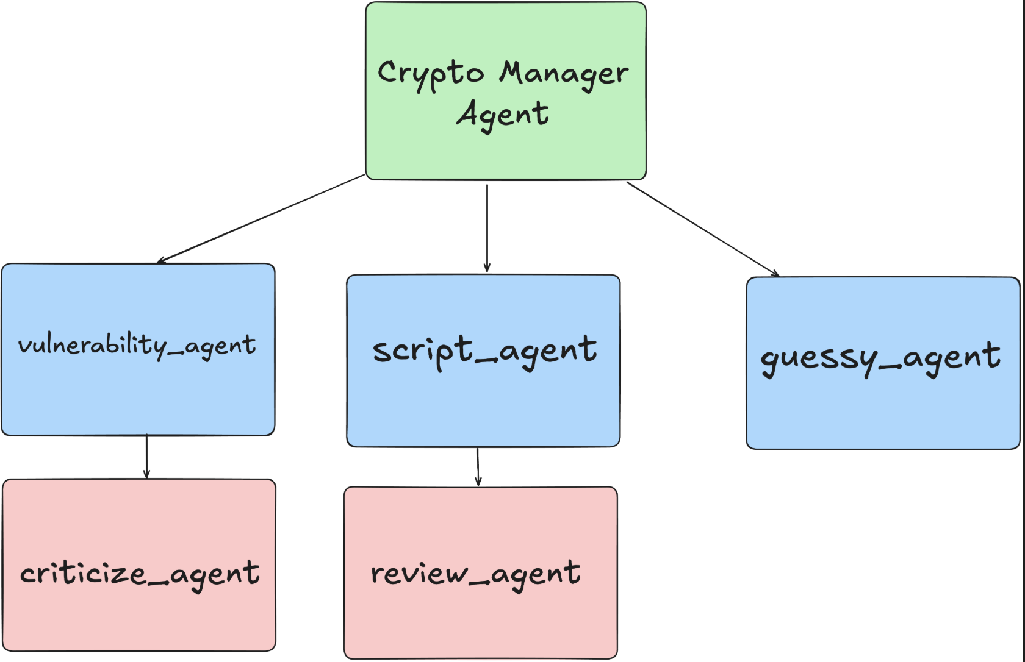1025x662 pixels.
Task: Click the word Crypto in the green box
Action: click(x=430, y=74)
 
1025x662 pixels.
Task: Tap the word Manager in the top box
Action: click(x=564, y=74)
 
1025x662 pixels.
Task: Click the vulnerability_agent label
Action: click(x=137, y=346)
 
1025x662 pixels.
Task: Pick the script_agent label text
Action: click(x=484, y=351)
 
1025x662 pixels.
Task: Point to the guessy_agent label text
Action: click(x=880, y=357)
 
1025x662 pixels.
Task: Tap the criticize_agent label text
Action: click(x=140, y=574)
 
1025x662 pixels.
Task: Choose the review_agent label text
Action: click(x=476, y=574)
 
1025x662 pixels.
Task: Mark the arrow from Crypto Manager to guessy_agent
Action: click(x=702, y=229)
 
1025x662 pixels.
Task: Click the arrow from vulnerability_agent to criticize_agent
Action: click(x=146, y=456)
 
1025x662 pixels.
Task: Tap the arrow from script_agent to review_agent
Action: click(x=478, y=466)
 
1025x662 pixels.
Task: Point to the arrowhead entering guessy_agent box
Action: click(x=775, y=274)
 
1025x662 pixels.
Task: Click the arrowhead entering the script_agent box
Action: click(x=487, y=268)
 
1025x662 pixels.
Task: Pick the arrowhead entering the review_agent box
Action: click(x=478, y=482)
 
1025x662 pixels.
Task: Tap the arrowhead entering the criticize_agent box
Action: click(x=146, y=474)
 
